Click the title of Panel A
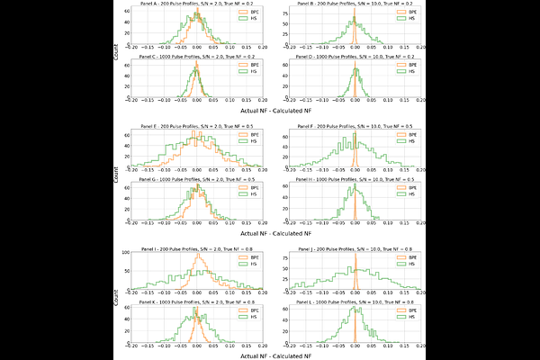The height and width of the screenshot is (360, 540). click(196, 4)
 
